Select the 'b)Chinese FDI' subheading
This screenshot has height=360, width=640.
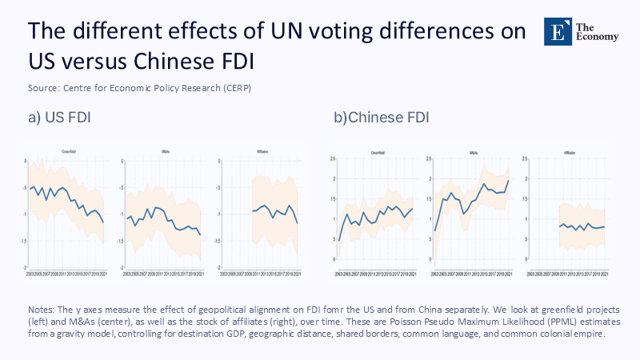[382, 118]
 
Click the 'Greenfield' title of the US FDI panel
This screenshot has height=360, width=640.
[70, 150]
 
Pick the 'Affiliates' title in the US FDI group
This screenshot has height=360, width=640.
[262, 150]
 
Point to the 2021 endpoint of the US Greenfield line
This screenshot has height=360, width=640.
[126, 222]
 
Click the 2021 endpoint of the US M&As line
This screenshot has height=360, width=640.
[200, 234]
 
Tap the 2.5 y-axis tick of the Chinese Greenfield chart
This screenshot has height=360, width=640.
[332, 160]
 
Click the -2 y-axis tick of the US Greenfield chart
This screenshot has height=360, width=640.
[26, 267]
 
